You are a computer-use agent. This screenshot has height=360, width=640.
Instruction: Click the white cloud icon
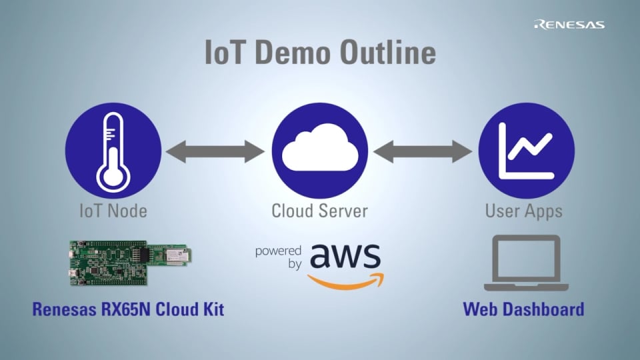point(320,152)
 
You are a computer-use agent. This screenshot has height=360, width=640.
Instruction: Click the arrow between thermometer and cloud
point(215,151)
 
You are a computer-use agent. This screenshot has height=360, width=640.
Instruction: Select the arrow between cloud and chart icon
point(423,151)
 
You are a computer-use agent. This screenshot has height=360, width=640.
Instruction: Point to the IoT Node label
point(113,211)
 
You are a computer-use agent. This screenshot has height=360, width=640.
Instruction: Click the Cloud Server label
point(319,211)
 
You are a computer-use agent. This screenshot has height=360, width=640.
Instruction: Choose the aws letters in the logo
point(345,257)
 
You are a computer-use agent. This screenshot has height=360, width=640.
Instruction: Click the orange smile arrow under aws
point(347,283)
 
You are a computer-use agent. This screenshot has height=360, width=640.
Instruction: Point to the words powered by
point(279,257)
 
